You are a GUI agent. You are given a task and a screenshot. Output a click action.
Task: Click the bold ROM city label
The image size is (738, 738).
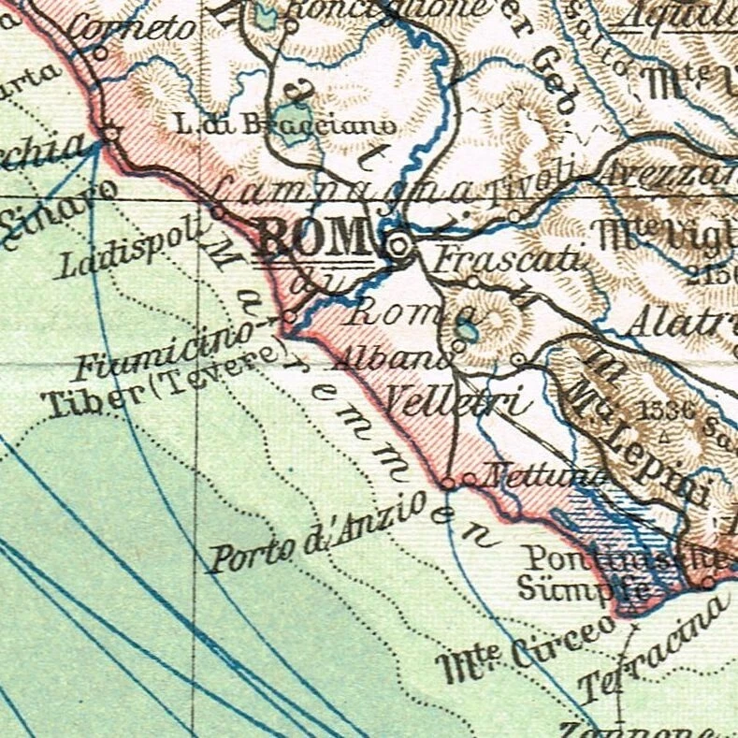coord(315,238)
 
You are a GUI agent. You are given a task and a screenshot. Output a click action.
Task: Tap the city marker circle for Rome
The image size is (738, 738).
coord(400,246)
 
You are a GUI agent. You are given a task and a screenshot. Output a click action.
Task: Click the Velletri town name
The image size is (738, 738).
coord(457,400)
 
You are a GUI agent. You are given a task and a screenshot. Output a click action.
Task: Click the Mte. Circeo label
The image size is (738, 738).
coord(529,651)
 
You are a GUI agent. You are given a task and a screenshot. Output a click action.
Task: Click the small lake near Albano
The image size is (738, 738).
coord(466,330)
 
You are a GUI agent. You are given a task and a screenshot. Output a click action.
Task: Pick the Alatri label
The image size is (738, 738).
coord(681,324)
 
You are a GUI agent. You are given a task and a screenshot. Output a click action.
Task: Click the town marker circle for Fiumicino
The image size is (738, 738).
coord(290,318)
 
